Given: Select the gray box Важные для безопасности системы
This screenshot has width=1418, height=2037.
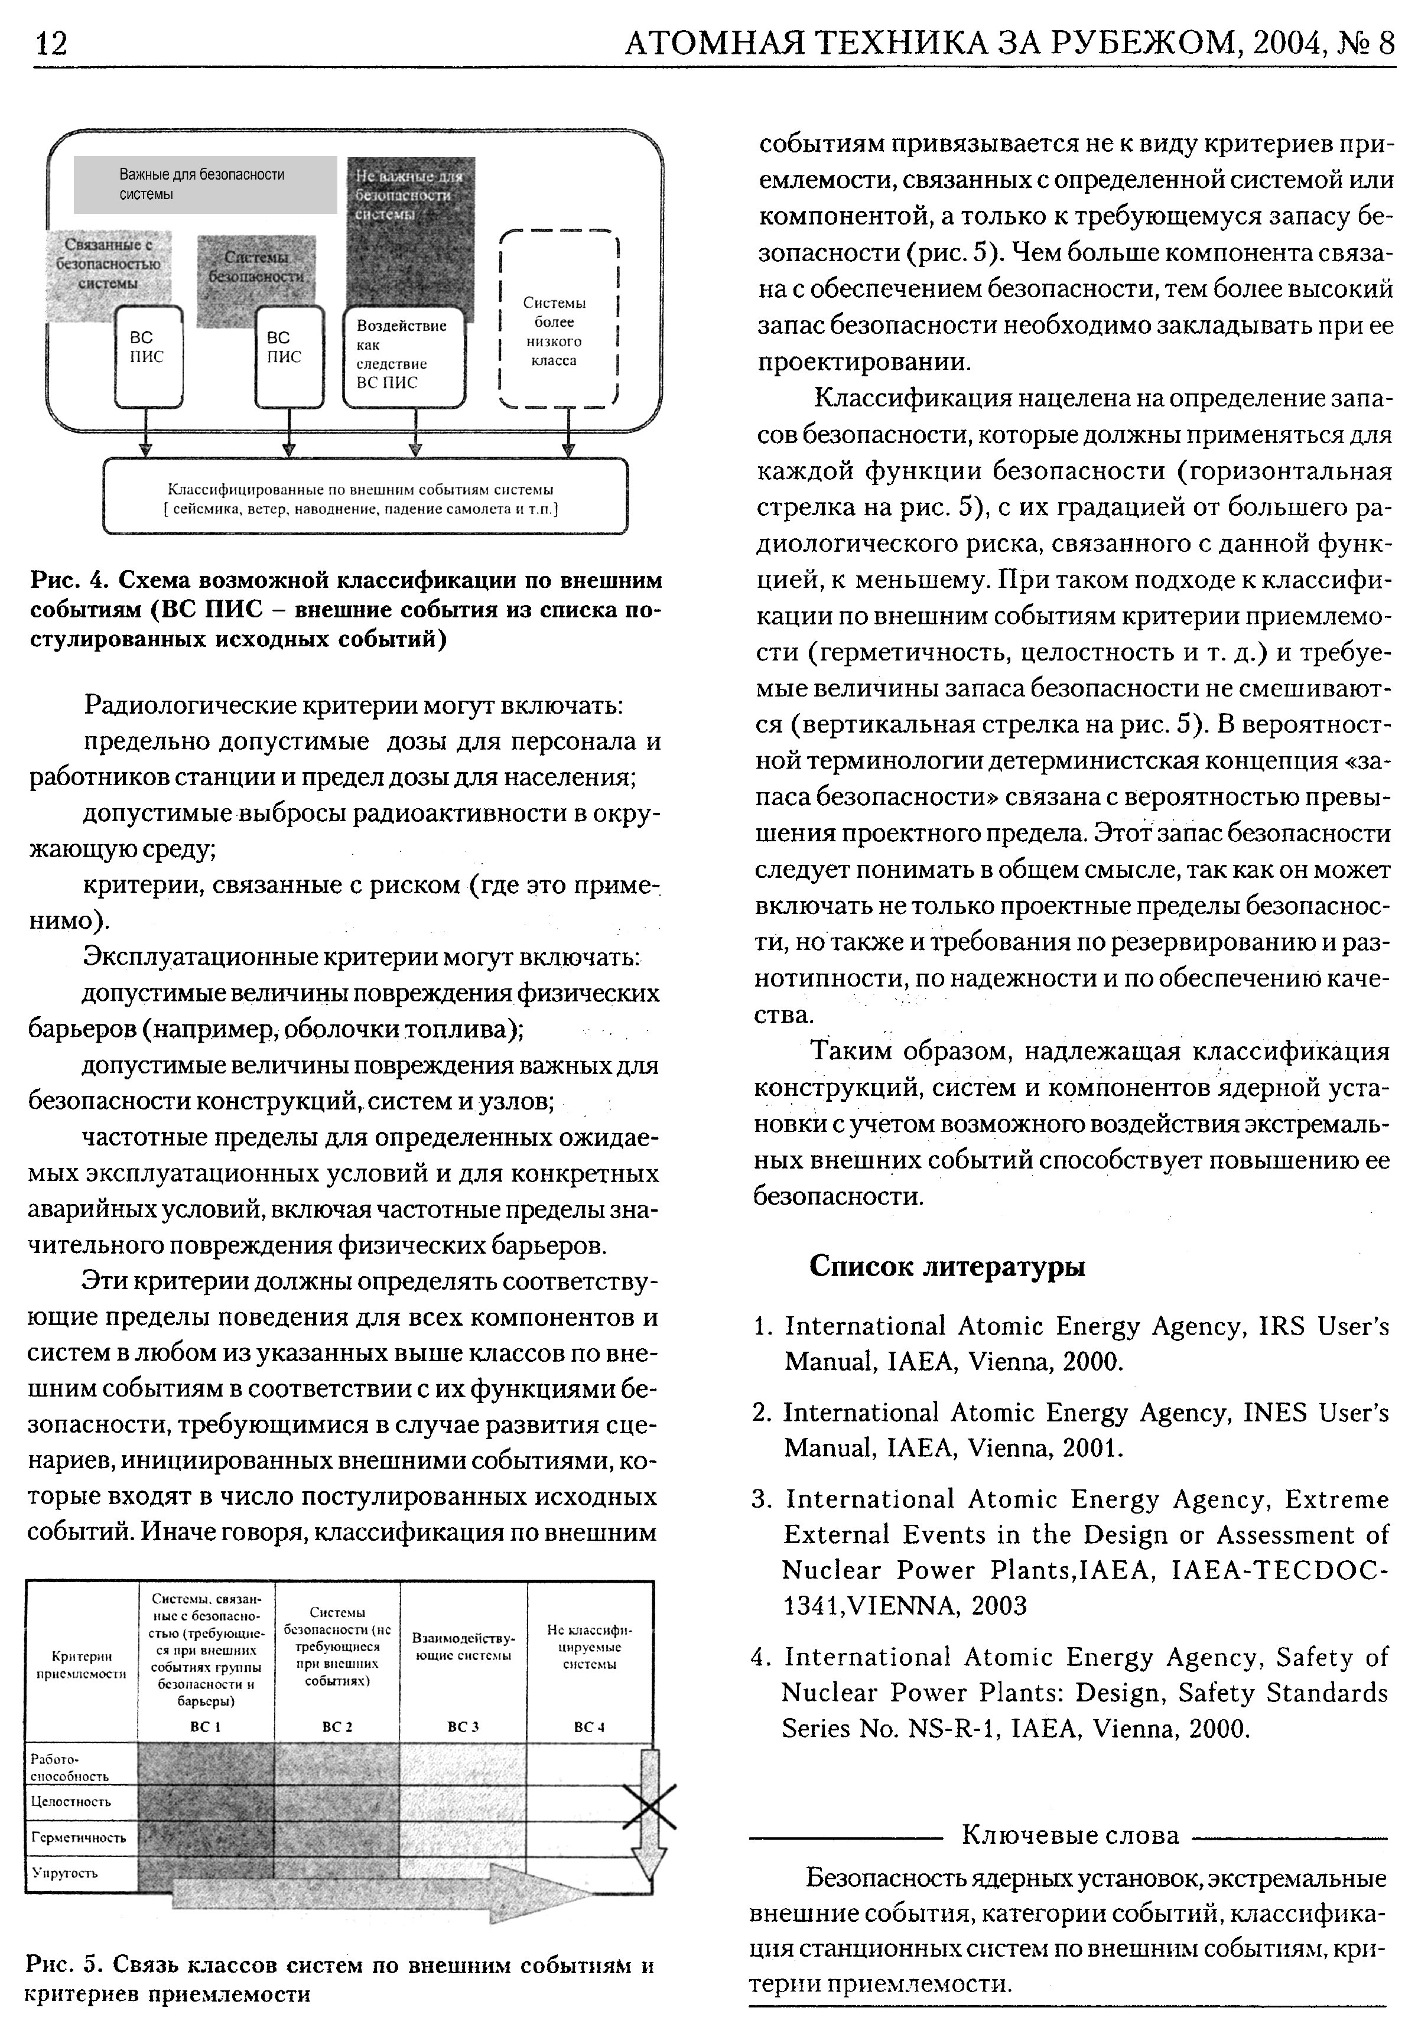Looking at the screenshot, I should (204, 184).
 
